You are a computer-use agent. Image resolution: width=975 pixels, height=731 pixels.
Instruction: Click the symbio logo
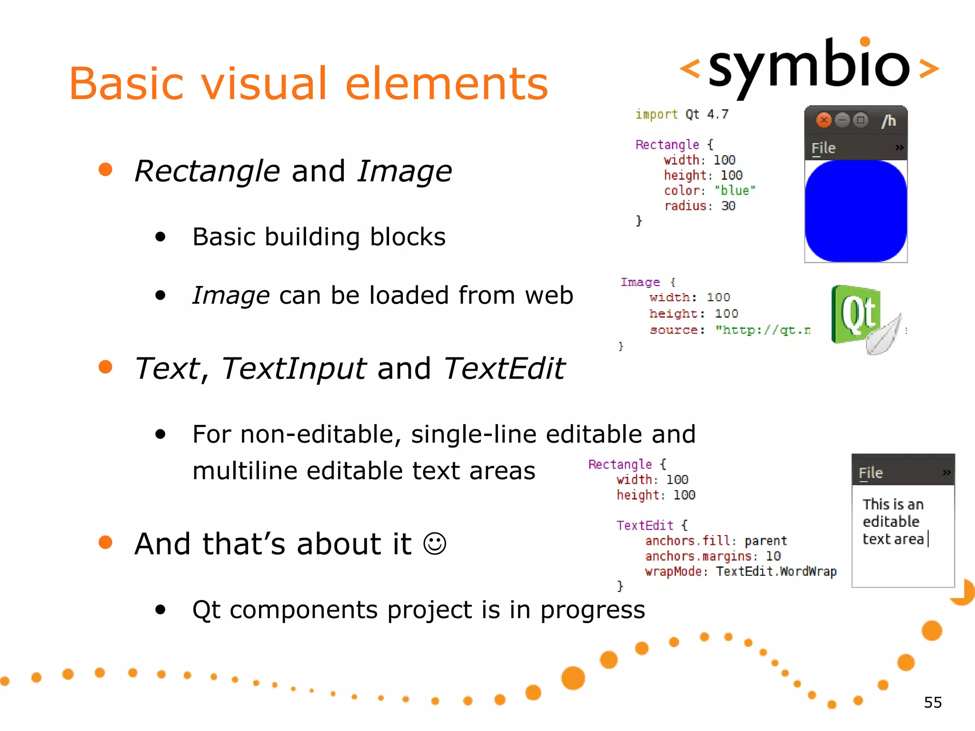coord(809,67)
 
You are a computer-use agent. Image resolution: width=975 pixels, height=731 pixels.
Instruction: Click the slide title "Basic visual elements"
coord(308,84)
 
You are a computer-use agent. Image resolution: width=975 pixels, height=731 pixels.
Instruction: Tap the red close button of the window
coord(824,120)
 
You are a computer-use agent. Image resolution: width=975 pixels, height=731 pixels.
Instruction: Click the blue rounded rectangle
coord(856,211)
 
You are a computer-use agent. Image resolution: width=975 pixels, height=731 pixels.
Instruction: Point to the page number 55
coord(933,702)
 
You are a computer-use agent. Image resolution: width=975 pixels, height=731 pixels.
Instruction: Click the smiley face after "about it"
coord(435,543)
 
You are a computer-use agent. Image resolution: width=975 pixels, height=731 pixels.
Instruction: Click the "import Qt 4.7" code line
coord(682,115)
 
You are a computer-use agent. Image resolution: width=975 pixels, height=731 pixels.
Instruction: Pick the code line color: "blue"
coord(709,190)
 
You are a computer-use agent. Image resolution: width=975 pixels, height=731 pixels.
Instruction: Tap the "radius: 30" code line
coord(700,206)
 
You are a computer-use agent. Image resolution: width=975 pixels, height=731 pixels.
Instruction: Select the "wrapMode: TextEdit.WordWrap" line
coord(740,571)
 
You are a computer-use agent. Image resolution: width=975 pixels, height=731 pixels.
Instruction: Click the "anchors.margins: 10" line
coord(713,556)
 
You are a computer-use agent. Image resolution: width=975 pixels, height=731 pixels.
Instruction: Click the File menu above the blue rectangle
coord(824,148)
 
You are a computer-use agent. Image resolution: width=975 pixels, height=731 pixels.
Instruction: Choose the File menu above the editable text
coord(871,473)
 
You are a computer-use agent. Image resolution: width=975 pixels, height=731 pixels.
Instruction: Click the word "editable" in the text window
coord(891,522)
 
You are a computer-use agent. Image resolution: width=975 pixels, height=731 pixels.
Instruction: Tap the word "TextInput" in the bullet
coord(294,368)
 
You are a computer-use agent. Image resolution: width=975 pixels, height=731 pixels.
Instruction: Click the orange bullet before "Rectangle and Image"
coord(105,169)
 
